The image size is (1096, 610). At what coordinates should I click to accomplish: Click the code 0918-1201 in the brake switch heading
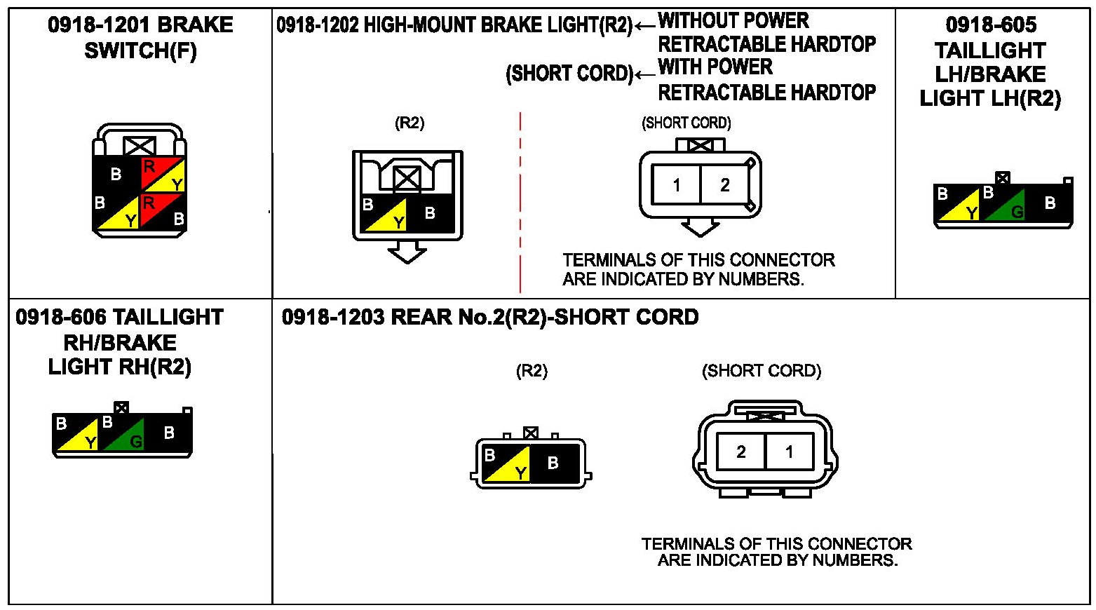tap(99, 25)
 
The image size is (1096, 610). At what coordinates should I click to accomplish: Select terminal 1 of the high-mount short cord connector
tap(676, 185)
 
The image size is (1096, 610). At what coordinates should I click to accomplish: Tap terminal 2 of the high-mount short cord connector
tap(725, 185)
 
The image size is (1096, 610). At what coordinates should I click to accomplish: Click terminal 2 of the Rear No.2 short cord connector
tap(740, 452)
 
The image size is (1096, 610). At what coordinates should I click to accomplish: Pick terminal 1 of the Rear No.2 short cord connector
tap(790, 452)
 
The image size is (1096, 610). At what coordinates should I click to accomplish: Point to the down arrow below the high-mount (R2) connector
tap(407, 252)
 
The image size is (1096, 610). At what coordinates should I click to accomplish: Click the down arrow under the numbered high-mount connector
tap(700, 227)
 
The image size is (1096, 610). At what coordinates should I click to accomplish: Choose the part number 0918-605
tap(990, 25)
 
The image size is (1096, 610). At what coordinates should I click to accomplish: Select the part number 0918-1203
tap(333, 317)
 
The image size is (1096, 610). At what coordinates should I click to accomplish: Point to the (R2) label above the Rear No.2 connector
tap(532, 371)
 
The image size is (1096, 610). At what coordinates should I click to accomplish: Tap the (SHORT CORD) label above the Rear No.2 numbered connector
tap(762, 371)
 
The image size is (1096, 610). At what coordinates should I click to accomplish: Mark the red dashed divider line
tap(520, 203)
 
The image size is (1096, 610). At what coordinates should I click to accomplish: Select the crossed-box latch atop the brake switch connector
tap(139, 146)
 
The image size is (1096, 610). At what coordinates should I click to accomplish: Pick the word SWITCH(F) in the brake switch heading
tap(140, 51)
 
